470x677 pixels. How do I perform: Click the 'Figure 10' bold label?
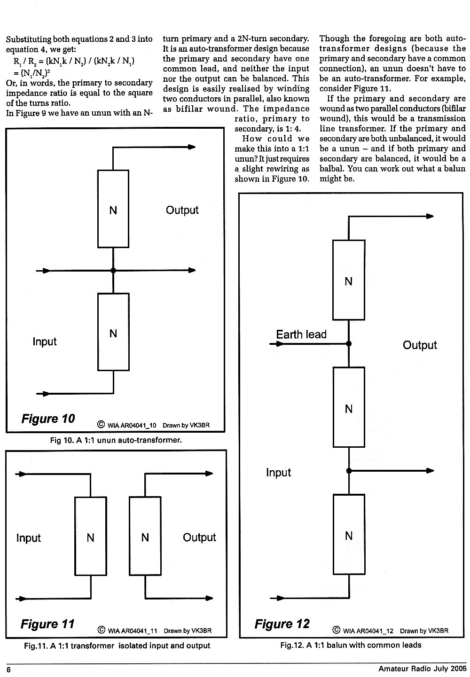48,419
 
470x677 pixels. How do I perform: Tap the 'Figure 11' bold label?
47,624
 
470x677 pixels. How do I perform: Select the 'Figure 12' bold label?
282,624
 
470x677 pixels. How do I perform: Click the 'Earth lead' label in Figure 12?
301,334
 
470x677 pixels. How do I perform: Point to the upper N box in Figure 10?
113,209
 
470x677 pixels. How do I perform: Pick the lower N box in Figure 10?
113,332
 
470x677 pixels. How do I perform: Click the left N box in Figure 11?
90,536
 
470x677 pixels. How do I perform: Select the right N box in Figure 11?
145,536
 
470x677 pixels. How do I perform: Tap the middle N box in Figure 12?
349,407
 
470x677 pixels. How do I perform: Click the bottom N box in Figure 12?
349,534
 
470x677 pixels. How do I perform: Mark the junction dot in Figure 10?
113,271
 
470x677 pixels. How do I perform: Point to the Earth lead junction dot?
349,343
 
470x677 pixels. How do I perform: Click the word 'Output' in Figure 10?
182,210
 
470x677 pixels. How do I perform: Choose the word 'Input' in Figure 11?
28,538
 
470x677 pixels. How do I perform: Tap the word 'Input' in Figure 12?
278,472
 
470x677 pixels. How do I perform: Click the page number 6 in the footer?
8,670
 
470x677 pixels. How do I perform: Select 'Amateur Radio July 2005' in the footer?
422,669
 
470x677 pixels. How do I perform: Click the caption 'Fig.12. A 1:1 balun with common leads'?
351,645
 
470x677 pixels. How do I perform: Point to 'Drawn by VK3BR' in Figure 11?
188,631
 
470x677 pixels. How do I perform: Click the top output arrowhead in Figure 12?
430,216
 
